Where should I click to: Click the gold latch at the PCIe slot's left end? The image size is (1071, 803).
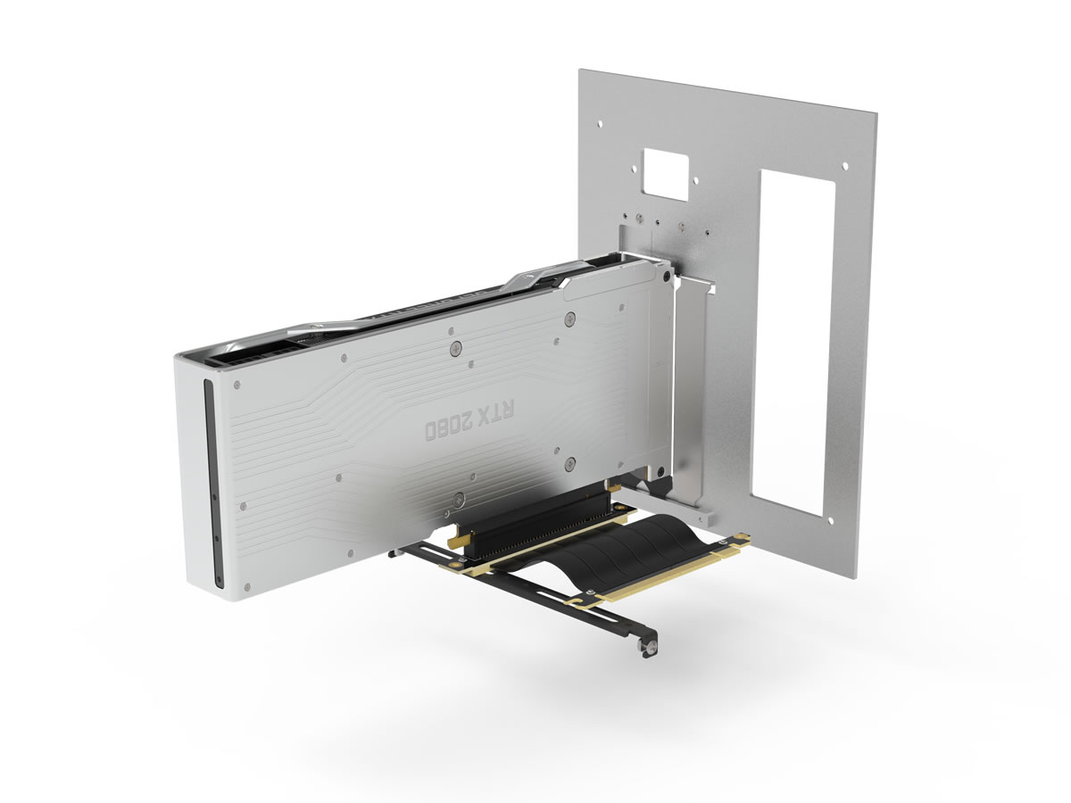[457, 540]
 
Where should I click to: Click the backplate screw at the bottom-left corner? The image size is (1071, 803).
[246, 584]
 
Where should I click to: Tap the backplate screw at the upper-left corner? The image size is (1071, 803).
[237, 385]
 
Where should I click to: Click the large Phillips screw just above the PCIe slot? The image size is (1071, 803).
[459, 501]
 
